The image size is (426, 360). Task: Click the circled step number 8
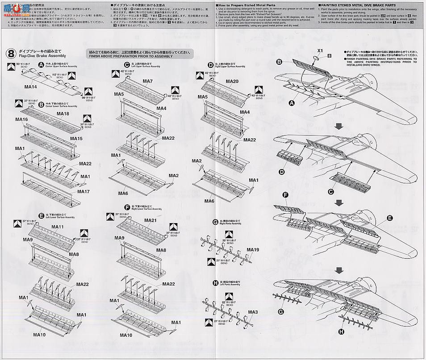13,53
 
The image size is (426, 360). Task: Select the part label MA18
63,114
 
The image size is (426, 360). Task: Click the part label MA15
76,139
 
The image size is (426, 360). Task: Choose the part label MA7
148,81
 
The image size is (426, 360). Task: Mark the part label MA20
232,82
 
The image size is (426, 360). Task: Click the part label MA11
58,227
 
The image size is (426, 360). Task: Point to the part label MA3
253,312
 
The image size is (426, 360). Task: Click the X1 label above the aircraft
320,51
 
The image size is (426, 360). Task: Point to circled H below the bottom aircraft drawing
342,331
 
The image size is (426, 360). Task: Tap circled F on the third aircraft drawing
285,194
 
